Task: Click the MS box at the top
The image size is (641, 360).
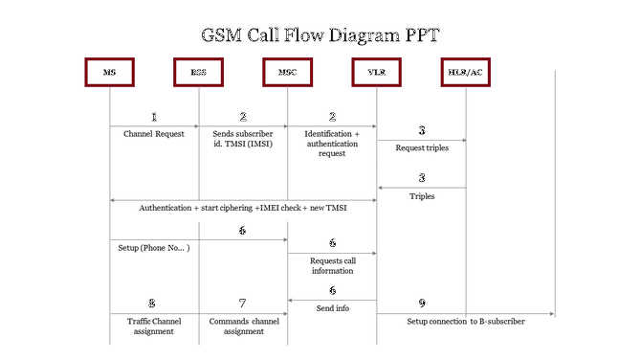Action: click(x=109, y=73)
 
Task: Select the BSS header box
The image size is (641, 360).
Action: click(x=198, y=73)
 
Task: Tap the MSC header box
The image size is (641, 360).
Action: click(x=287, y=73)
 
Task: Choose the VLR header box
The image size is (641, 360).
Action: click(x=377, y=73)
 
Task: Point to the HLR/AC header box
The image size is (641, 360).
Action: click(x=466, y=73)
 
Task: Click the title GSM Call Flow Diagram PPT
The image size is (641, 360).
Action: click(x=320, y=35)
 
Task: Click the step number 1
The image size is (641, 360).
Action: click(x=154, y=117)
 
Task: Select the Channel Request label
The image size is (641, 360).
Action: click(x=154, y=134)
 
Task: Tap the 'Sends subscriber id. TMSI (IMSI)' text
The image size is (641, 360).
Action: click(x=243, y=139)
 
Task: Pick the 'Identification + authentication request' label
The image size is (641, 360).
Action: click(x=332, y=144)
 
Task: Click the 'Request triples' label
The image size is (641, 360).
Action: click(x=422, y=147)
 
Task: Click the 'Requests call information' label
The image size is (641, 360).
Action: click(x=332, y=265)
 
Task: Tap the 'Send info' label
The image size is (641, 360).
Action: click(x=332, y=308)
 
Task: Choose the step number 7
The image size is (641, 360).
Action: click(x=243, y=304)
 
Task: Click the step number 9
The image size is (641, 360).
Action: click(x=422, y=304)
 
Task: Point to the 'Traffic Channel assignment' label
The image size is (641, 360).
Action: click(x=154, y=326)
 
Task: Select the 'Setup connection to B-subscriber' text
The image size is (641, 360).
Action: click(x=466, y=322)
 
